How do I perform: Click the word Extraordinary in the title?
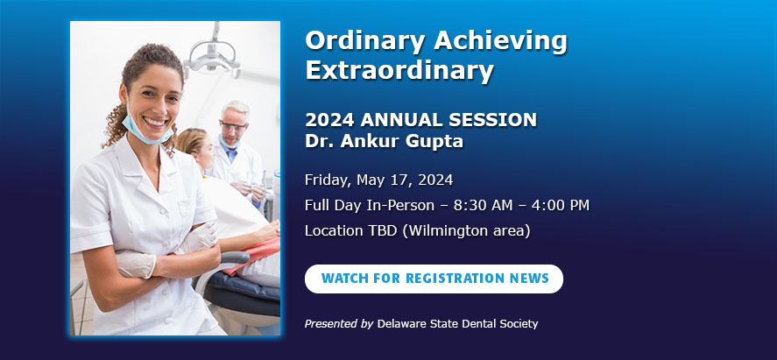pos(399,71)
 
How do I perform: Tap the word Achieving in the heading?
pos(500,41)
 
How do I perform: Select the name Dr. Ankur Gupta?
pos(384,142)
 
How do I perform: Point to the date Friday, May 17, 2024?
pos(378,180)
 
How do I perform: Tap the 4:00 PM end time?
pos(558,205)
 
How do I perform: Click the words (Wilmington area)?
pos(466,231)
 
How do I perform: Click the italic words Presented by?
pos(339,324)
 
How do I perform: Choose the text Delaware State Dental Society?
pos(457,324)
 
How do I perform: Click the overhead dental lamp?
pos(212,55)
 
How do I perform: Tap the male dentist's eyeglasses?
pos(232,127)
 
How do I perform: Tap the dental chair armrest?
pos(233,258)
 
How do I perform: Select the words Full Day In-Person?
pos(369,205)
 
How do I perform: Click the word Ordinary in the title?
pos(364,41)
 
